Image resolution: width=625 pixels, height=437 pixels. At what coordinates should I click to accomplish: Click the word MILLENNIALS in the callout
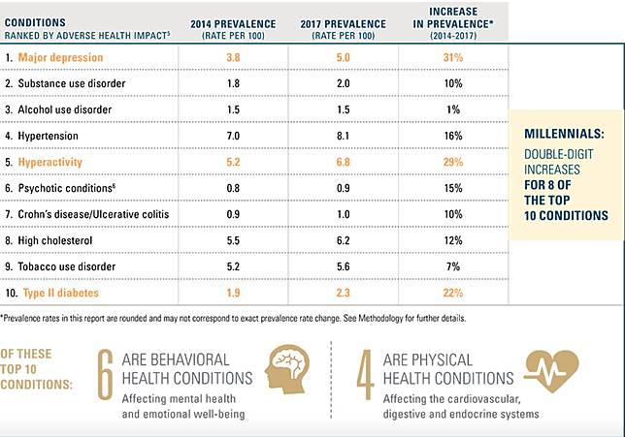(566, 133)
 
